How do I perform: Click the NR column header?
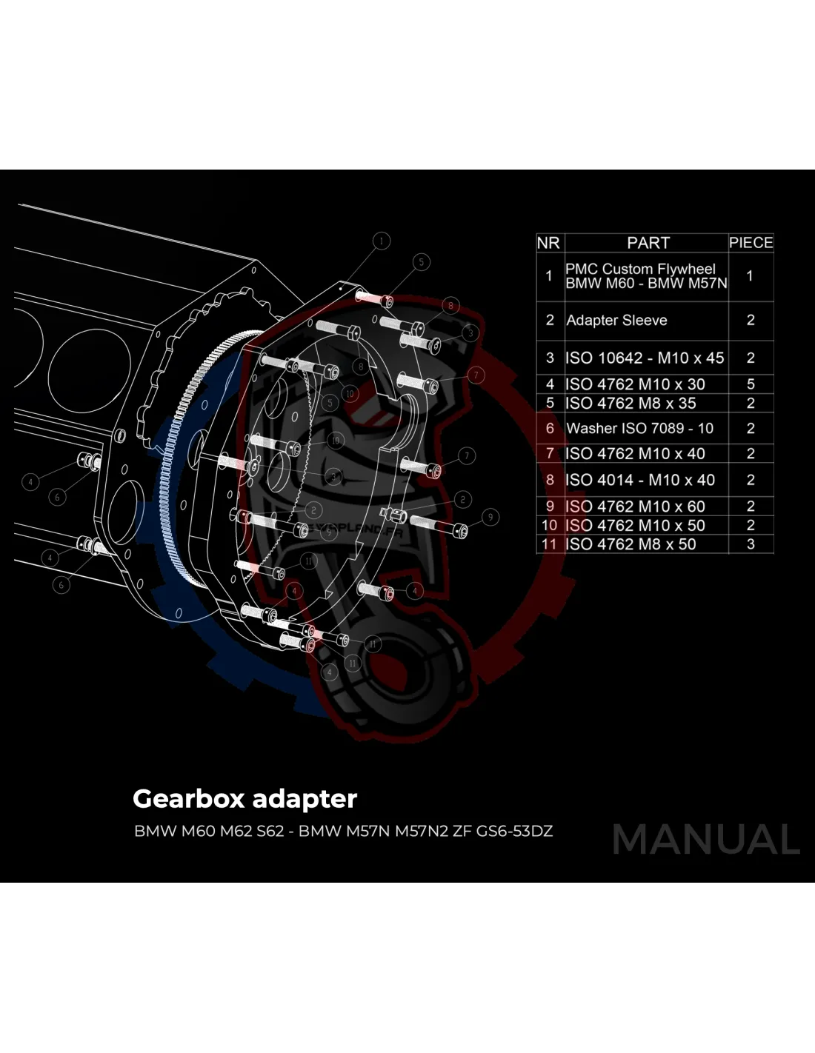[x=548, y=243]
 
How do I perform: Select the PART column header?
[x=648, y=243]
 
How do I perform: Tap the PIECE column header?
[x=751, y=243]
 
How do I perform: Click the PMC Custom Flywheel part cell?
[x=645, y=276]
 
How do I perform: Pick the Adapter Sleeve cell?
[x=616, y=321]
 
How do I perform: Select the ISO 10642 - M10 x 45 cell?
[x=645, y=358]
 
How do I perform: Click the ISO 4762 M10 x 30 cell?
[x=635, y=384]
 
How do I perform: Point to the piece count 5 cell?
[x=751, y=384]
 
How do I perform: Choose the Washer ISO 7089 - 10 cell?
[x=639, y=429]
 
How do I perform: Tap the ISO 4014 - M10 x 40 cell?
[x=640, y=481]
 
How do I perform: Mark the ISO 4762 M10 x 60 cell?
[x=635, y=507]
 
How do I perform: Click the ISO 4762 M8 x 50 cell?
[x=631, y=544]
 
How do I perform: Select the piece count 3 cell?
[x=751, y=544]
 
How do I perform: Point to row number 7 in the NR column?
[x=550, y=454]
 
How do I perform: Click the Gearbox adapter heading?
[x=245, y=799]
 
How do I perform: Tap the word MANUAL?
[x=706, y=840]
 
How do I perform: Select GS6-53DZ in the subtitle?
[x=514, y=831]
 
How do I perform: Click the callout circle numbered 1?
[x=382, y=241]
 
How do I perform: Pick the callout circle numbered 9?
[x=490, y=517]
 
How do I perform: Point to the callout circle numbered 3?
[x=470, y=333]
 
